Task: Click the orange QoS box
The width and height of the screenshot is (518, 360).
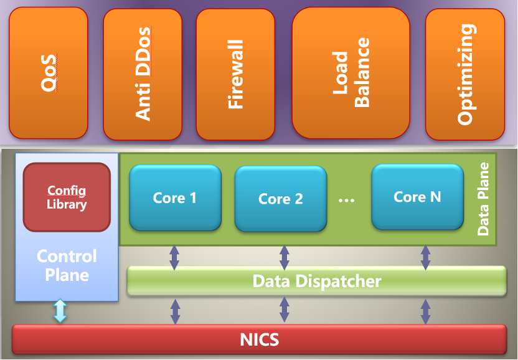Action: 48,73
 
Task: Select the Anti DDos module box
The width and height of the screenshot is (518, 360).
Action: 143,74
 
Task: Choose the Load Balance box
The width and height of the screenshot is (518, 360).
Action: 351,73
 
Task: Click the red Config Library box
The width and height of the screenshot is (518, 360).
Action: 67,197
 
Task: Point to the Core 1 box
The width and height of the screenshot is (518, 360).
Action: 175,197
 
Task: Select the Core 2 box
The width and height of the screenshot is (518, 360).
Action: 281,199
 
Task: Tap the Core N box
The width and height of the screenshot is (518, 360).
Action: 417,197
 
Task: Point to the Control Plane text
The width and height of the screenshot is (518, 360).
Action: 67,265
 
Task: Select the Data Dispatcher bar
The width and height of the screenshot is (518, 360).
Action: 316,281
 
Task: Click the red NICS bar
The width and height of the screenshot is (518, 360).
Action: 259,339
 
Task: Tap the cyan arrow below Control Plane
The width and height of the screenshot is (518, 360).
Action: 60,311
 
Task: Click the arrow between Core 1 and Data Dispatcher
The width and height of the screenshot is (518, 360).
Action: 175,257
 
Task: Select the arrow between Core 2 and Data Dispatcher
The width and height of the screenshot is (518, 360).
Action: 285,257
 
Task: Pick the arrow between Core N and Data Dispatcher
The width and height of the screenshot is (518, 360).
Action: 426,257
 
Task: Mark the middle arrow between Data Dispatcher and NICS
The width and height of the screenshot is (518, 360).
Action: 285,310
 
